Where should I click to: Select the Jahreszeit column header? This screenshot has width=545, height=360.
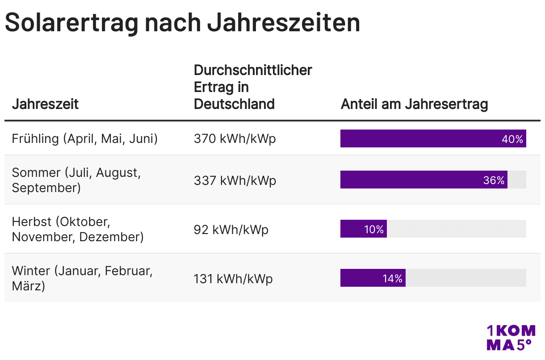click(x=45, y=104)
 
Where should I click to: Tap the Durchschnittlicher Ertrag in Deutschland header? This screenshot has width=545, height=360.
click(x=253, y=87)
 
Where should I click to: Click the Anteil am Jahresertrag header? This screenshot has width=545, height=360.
click(x=414, y=104)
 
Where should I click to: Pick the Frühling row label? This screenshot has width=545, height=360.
click(x=85, y=138)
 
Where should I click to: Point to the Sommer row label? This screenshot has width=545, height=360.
click(x=76, y=180)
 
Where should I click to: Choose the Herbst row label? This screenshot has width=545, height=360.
click(x=78, y=229)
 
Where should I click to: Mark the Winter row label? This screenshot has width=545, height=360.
click(x=82, y=278)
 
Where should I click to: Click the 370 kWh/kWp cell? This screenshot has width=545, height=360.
click(x=235, y=138)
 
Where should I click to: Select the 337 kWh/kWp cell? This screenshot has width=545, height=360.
click(x=235, y=180)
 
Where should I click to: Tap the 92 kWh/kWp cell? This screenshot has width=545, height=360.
click(x=231, y=230)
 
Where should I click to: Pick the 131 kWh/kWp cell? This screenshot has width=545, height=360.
click(x=233, y=279)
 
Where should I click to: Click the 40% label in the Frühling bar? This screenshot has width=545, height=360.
click(x=512, y=139)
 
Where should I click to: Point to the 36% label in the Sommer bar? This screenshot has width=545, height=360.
click(x=494, y=180)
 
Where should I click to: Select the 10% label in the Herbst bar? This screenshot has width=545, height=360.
click(x=374, y=230)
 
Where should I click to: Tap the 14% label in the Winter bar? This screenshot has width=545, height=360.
click(x=393, y=279)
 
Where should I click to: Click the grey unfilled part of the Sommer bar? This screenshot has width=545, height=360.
click(x=517, y=180)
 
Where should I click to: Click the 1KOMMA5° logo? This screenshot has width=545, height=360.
click(x=511, y=337)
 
